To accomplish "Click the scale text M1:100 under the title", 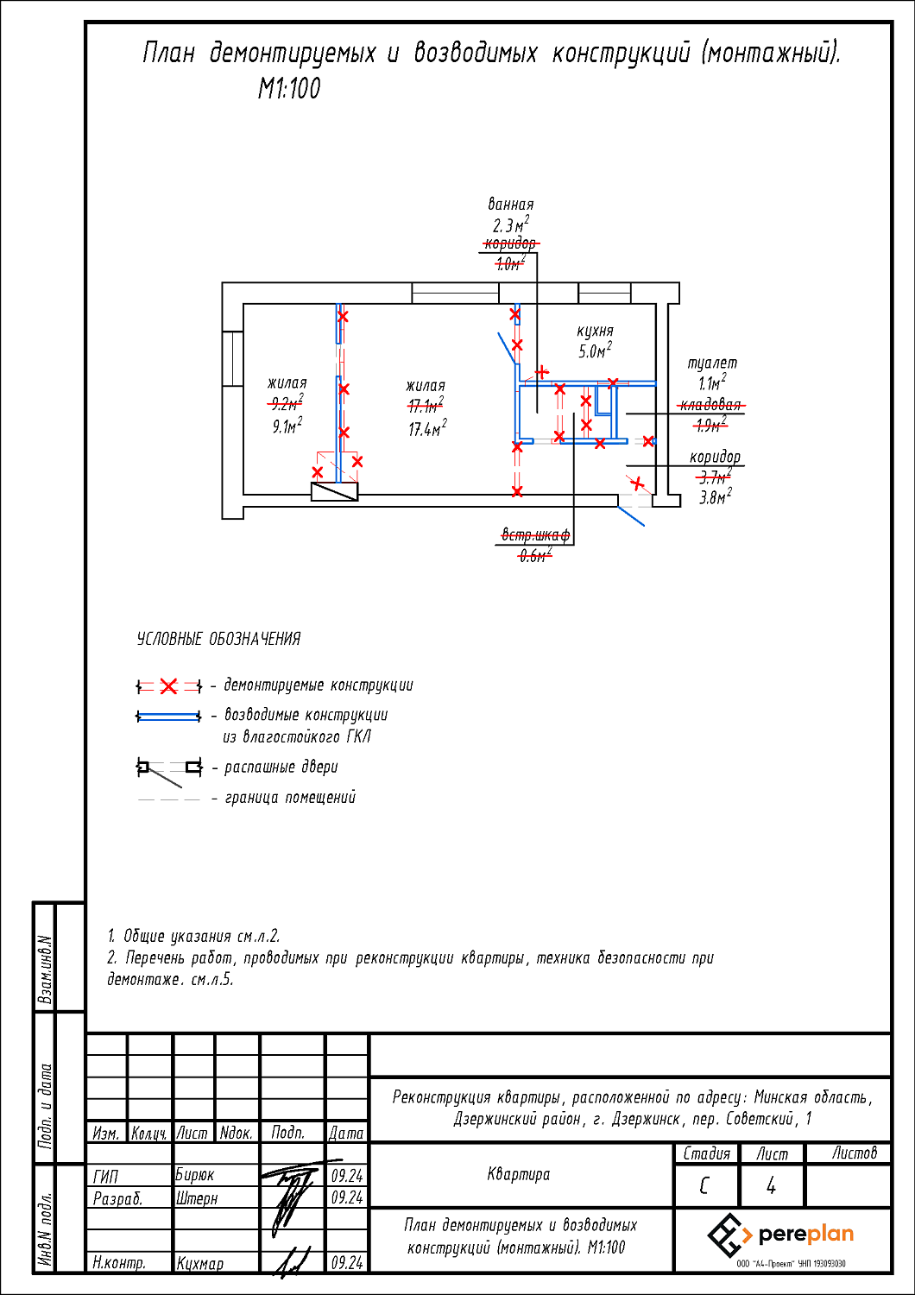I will (x=289, y=89).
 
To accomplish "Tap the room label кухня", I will (x=595, y=331).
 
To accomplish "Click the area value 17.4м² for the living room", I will (x=426, y=429).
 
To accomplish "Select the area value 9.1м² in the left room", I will (x=287, y=426).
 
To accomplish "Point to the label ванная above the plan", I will (x=510, y=205).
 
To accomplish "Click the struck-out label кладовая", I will (x=710, y=406).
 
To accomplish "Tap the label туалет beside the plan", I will (x=712, y=363).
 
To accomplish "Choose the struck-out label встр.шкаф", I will (x=535, y=536).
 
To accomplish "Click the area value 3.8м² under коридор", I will (x=715, y=498).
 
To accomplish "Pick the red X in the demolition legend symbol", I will (x=168, y=686).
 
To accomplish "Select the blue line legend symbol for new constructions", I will (x=168, y=717).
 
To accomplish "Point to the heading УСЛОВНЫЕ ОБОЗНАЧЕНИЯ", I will (x=218, y=640).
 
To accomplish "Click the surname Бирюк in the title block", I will (x=195, y=1175).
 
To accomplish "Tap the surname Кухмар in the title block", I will (x=200, y=1263).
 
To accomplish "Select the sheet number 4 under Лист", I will (x=771, y=1186).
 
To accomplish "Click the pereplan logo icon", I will (x=729, y=1235).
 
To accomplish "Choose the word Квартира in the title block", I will (x=518, y=1174).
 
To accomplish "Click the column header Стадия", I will (x=706, y=1153).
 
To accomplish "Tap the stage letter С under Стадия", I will (x=704, y=1186).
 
